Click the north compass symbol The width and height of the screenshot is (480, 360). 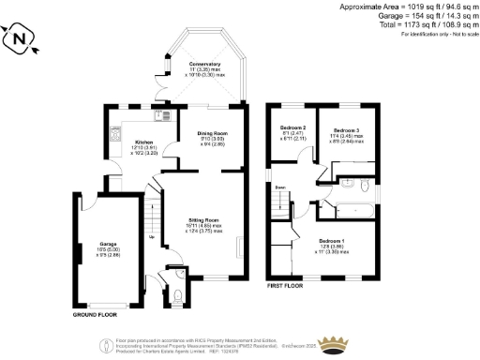(21, 39)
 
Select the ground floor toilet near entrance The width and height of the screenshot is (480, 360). (178, 298)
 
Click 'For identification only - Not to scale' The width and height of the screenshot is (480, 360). (436, 34)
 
